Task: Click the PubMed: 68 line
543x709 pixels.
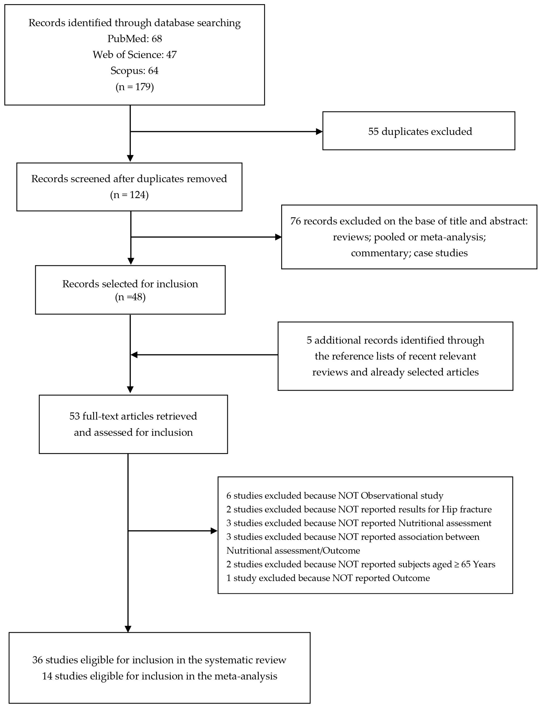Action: tap(134, 39)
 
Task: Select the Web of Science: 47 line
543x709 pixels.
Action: tap(134, 55)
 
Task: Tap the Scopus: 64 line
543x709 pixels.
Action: tap(134, 70)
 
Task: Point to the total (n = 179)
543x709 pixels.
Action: tap(134, 87)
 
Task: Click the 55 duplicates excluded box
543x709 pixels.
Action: tap(419, 131)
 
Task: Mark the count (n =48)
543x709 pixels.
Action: tap(130, 297)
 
